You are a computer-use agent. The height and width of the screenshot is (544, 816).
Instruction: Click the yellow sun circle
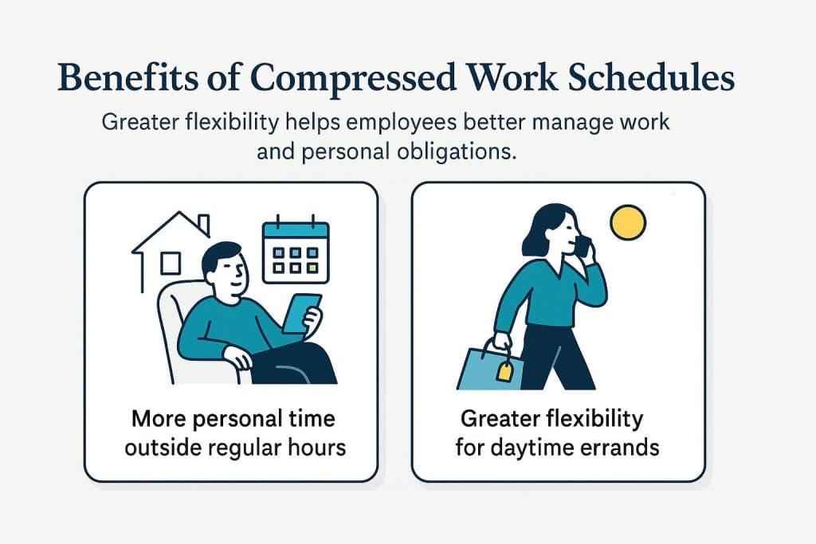click(x=627, y=222)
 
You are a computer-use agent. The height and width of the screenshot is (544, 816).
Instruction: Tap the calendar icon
click(x=295, y=251)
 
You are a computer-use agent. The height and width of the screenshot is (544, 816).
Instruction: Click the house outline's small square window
click(x=170, y=263)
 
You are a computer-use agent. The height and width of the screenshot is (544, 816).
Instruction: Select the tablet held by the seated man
click(x=303, y=312)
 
